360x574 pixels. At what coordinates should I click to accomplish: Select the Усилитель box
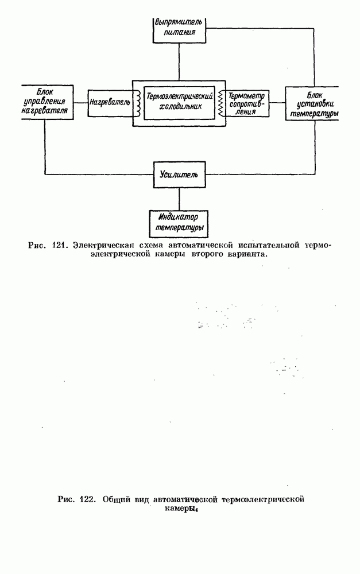[179, 173]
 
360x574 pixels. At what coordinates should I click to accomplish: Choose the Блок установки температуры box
[312, 103]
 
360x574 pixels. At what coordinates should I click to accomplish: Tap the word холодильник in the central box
[180, 106]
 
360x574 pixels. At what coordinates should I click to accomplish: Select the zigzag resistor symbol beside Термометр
[220, 103]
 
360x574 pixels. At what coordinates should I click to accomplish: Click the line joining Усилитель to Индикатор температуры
[179, 199]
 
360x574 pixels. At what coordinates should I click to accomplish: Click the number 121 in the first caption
[59, 246]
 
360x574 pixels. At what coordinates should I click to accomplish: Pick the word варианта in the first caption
[248, 255]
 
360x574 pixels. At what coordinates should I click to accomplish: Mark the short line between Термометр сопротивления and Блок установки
[278, 103]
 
